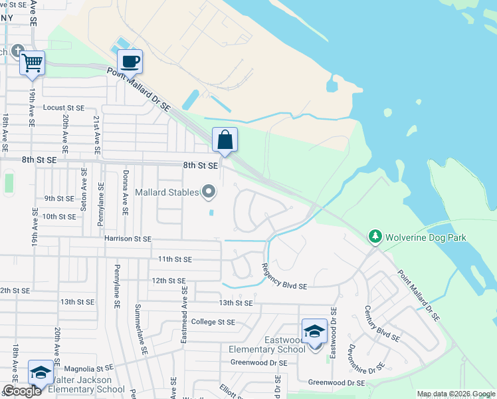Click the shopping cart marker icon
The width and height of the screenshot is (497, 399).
[32, 63]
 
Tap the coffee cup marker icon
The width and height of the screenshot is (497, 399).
[130, 61]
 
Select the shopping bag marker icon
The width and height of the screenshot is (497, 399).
[225, 140]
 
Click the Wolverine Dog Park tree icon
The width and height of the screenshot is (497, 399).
[375, 237]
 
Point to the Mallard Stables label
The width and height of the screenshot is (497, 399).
[167, 192]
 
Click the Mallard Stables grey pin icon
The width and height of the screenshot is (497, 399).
[209, 192]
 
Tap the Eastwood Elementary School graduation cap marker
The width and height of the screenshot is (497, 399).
[314, 331]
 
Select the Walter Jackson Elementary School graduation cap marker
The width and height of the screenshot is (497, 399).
[41, 372]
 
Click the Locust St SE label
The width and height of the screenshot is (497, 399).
[64, 107]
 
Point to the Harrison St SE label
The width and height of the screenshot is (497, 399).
[128, 238]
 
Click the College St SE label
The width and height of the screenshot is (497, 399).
[213, 322]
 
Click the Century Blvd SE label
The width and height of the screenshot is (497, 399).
[381, 323]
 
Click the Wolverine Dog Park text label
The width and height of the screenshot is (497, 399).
[427, 237]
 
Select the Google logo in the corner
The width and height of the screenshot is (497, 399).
[22, 391]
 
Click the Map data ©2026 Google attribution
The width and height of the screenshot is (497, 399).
[456, 394]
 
